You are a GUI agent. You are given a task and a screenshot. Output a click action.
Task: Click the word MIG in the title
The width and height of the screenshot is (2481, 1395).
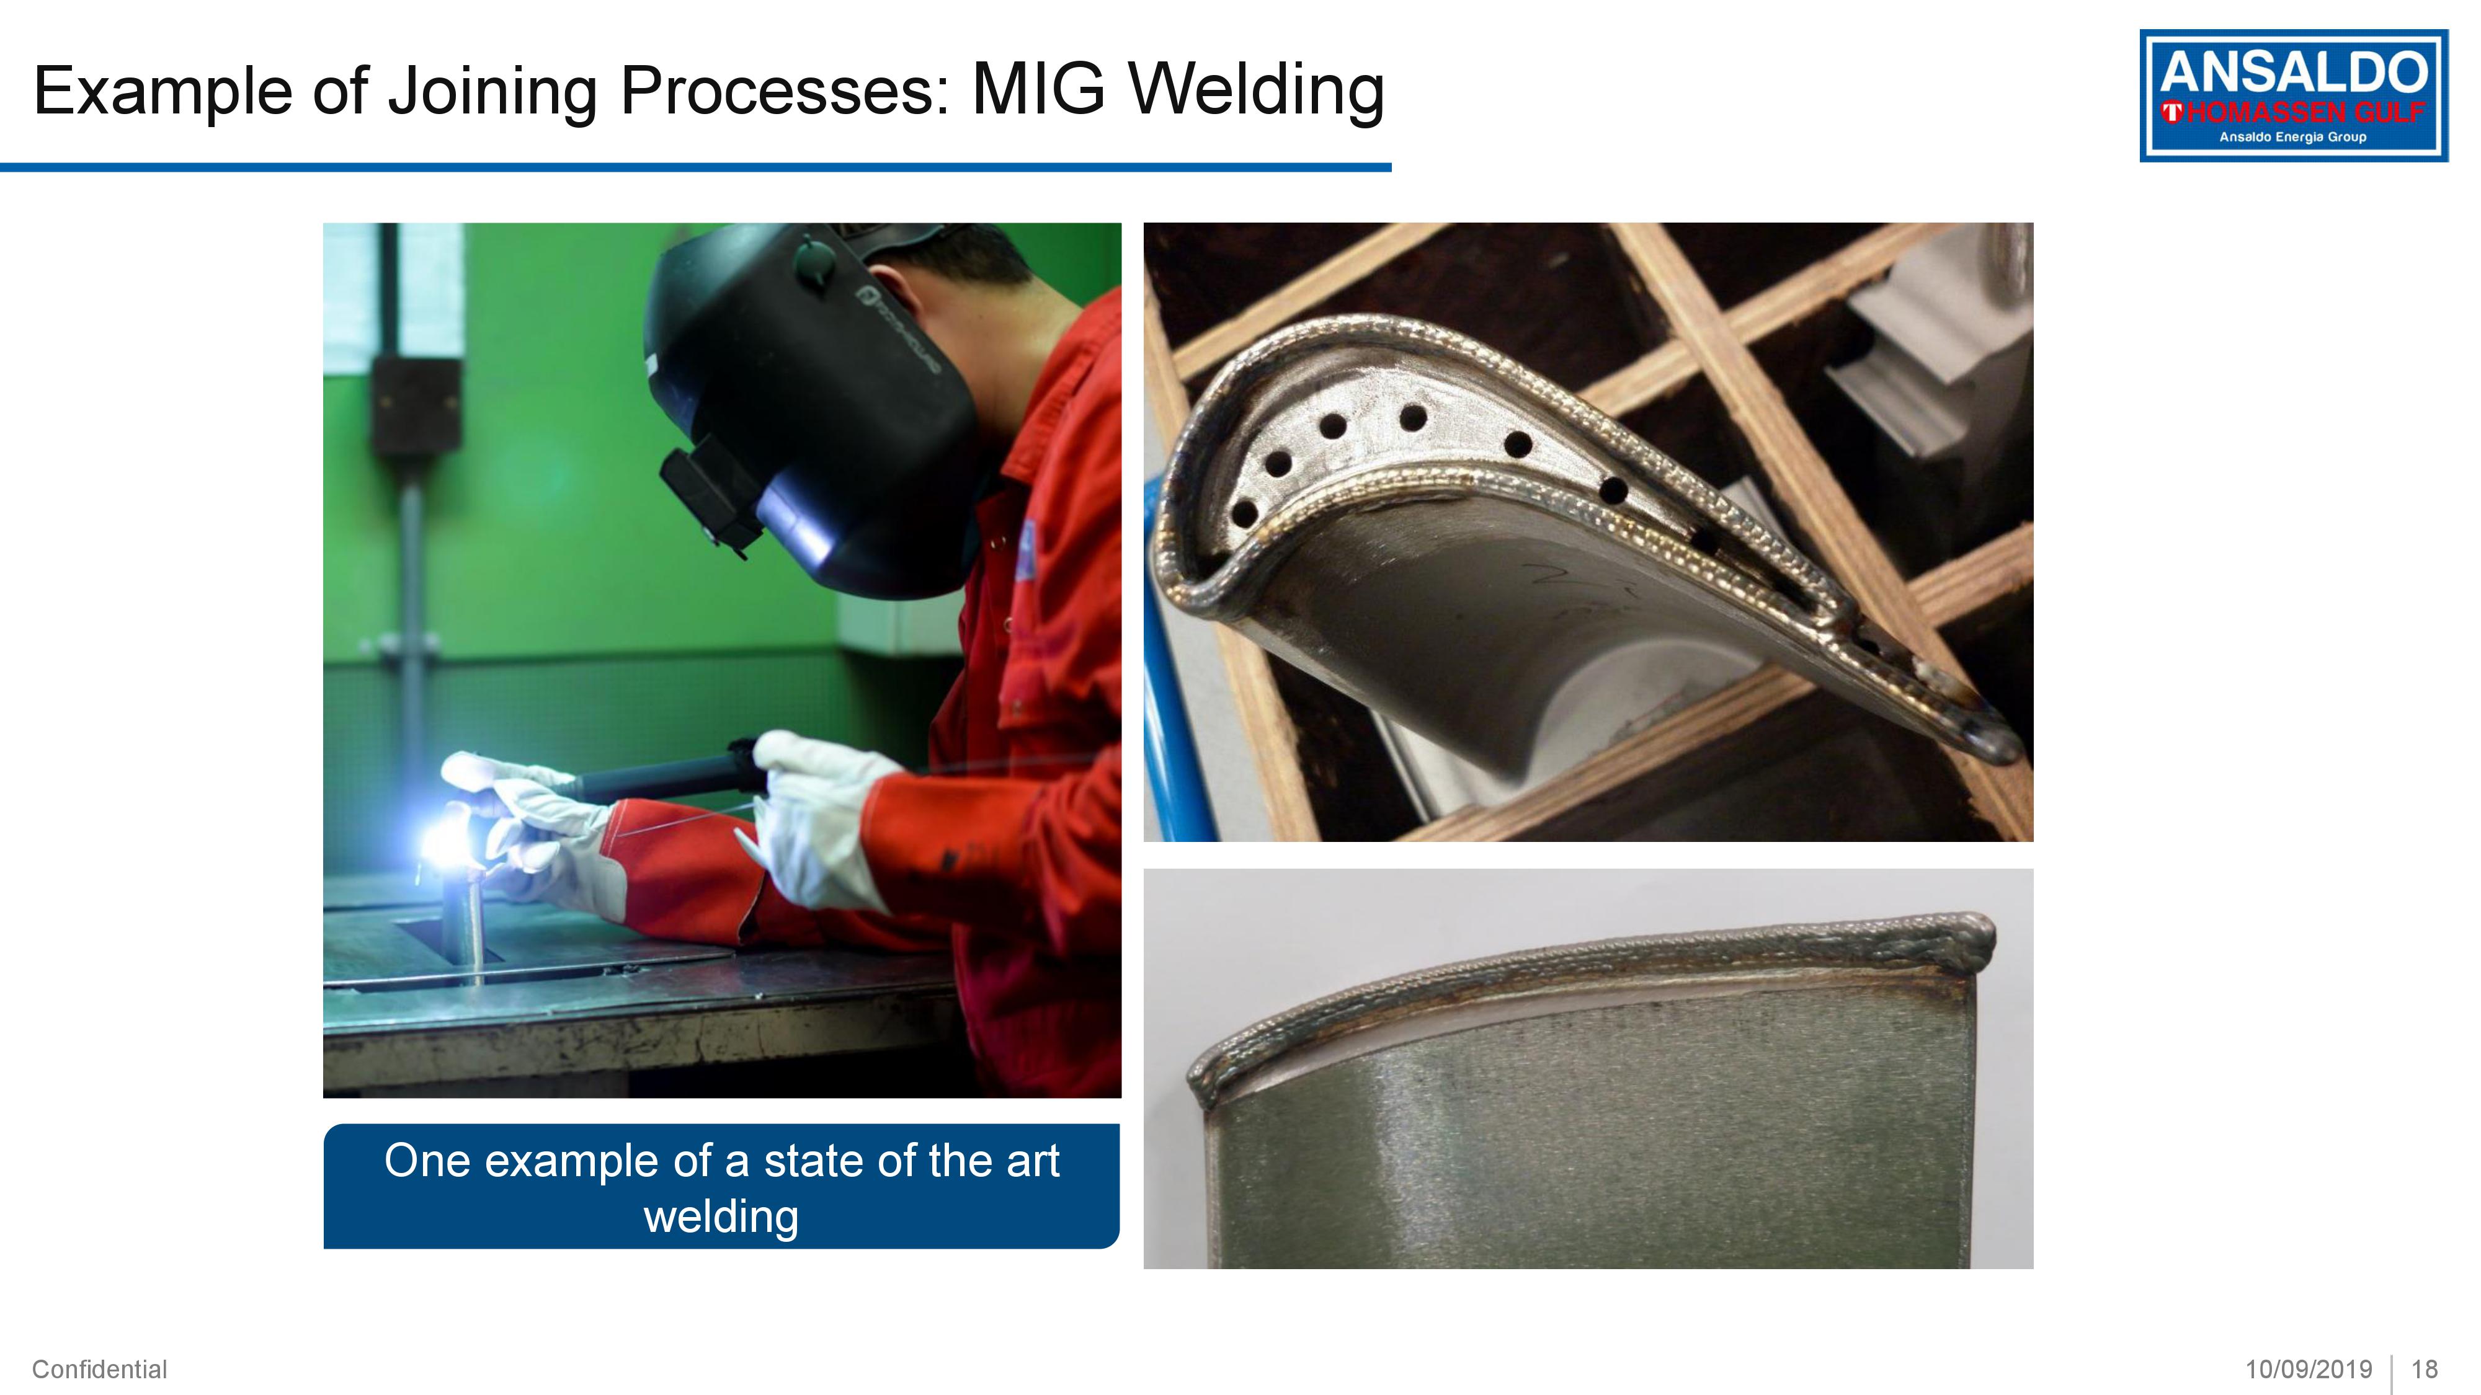click(x=1039, y=89)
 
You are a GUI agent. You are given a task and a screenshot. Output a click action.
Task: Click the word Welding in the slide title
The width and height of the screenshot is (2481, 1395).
click(x=1257, y=92)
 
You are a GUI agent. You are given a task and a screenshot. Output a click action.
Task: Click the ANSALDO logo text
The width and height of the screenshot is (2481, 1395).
click(x=2293, y=73)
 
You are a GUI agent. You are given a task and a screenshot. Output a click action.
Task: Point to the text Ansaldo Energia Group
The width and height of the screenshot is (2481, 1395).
click(x=2292, y=136)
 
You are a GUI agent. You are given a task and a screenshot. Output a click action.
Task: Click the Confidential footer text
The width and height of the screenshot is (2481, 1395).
click(x=99, y=1369)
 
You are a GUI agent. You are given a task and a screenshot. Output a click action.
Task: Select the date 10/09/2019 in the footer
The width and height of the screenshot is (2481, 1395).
click(x=2309, y=1369)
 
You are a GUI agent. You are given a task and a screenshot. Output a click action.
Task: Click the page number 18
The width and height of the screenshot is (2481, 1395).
click(x=2424, y=1369)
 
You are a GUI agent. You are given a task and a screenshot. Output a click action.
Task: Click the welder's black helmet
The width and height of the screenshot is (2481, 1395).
click(x=809, y=404)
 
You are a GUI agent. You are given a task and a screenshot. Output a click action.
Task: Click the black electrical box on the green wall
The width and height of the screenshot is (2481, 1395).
click(x=416, y=404)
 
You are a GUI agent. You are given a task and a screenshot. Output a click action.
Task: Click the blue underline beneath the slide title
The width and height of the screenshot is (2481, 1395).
click(x=695, y=167)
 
